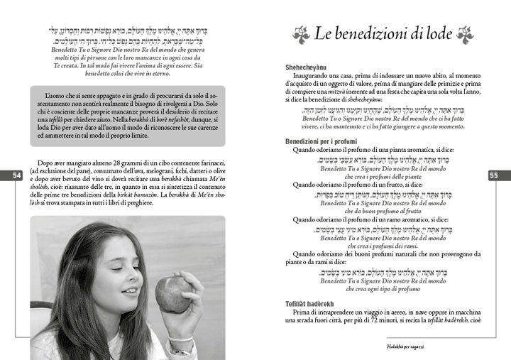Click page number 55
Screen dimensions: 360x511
tap(494, 175)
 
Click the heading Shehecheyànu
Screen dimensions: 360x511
tap(310, 66)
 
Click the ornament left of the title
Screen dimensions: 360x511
tap(300, 34)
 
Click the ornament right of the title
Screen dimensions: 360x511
tap(466, 34)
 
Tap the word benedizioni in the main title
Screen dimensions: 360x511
tap(379, 34)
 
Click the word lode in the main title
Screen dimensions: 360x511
tap(440, 34)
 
